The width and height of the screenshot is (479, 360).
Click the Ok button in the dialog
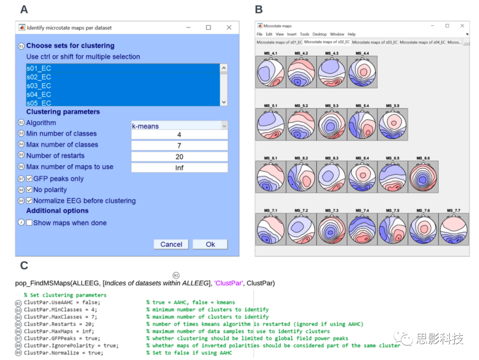point(210,244)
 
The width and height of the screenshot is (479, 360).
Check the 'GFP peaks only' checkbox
point(29,178)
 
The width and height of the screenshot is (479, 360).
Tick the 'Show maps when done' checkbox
point(29,223)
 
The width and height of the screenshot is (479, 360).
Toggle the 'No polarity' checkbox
point(29,190)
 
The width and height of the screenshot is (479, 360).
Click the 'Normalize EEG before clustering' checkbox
point(29,201)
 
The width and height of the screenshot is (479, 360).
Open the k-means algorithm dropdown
point(179,126)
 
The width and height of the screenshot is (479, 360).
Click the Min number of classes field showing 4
point(179,135)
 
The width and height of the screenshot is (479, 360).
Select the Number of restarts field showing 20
point(179,157)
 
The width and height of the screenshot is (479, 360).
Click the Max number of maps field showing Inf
point(179,168)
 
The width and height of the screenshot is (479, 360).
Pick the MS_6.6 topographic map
point(423,177)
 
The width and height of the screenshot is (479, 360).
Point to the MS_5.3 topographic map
point(332,125)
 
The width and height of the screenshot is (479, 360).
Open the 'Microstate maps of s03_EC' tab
point(374,42)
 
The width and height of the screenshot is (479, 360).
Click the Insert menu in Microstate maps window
point(291,34)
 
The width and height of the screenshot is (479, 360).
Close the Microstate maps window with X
point(462,26)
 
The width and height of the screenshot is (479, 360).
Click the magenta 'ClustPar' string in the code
point(228,283)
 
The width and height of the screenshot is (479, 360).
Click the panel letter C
point(24,265)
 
